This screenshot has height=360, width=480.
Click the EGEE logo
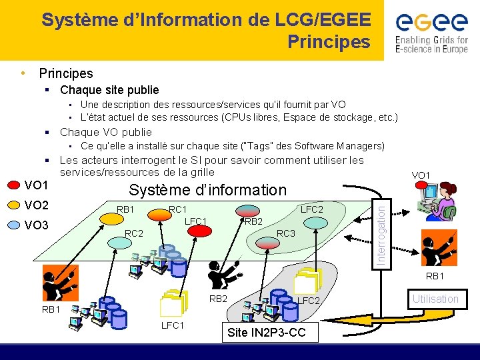point(431,31)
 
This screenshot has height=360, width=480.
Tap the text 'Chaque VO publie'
point(106,132)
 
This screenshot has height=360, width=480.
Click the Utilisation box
point(435,299)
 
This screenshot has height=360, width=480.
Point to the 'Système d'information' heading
point(207,190)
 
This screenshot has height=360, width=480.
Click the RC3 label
point(286,233)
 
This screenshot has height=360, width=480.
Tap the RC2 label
point(135,233)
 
